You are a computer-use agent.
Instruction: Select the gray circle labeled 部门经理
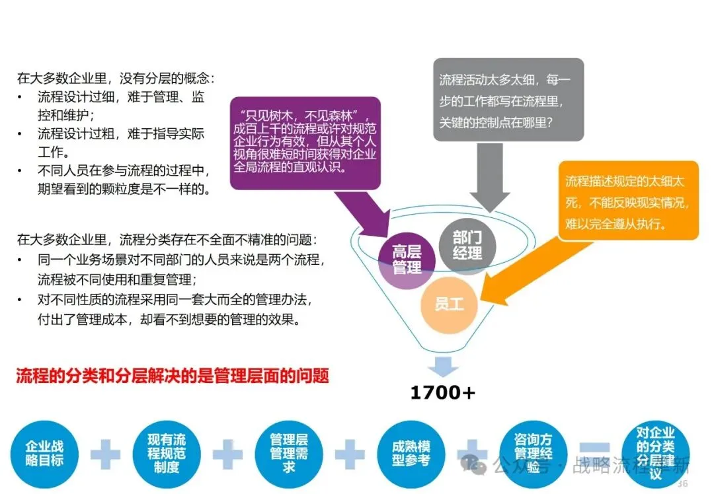pyautogui.click(x=467, y=245)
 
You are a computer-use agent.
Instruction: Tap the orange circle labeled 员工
pyautogui.click(x=450, y=304)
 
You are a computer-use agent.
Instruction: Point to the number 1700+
pyautogui.click(x=442, y=393)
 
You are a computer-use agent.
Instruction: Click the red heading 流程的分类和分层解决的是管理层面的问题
pyautogui.click(x=173, y=376)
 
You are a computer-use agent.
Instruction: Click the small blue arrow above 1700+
pyautogui.click(x=442, y=366)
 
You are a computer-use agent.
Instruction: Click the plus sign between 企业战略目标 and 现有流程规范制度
pyautogui.click(x=106, y=454)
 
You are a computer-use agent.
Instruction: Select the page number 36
pyautogui.click(x=682, y=484)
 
